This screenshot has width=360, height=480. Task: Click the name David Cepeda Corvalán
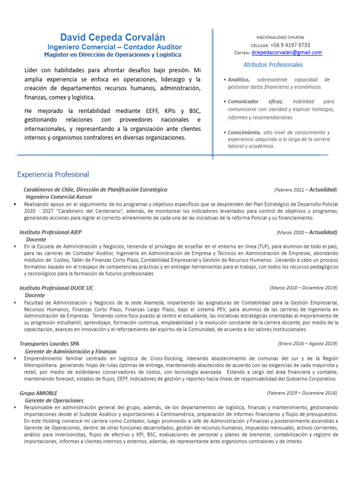click(112, 37)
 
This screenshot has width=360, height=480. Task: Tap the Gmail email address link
click(286, 53)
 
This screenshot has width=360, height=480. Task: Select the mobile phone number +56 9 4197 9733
click(290, 45)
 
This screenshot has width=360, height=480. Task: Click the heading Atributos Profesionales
click(273, 65)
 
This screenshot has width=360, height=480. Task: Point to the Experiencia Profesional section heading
click(53, 174)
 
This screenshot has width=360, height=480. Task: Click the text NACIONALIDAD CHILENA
click(280, 37)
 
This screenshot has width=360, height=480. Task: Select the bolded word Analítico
click(239, 80)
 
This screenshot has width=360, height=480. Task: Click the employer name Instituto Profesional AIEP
click(51, 232)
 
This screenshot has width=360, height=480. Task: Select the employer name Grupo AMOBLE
click(38, 393)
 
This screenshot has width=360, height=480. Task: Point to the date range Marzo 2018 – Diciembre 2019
click(303, 287)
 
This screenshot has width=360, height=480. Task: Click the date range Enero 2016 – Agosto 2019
click(307, 343)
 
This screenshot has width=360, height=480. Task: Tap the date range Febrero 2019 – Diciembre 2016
click(302, 392)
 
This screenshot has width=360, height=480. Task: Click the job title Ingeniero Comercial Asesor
click(59, 197)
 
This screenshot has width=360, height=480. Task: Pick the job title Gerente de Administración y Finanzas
click(70, 351)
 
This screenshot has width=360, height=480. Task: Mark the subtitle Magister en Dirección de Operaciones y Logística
click(112, 55)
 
